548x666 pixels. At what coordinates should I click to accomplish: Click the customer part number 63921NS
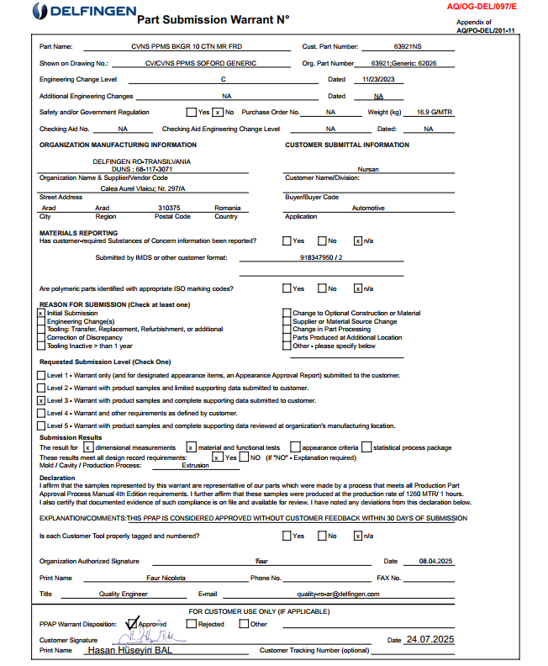(x=408, y=46)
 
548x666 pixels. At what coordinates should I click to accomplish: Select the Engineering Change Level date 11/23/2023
(x=378, y=80)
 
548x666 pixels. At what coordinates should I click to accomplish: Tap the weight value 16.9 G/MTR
(x=435, y=112)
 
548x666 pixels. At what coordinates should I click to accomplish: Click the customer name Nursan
(x=368, y=169)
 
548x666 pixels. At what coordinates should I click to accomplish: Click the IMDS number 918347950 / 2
(x=320, y=258)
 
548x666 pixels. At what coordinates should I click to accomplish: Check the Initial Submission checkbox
(x=41, y=313)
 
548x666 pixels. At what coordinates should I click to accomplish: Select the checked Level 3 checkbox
(x=41, y=401)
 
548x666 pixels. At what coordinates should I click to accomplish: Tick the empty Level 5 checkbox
(x=41, y=426)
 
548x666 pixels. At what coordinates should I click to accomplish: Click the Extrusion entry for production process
(x=195, y=465)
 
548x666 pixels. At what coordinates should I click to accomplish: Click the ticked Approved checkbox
(x=131, y=624)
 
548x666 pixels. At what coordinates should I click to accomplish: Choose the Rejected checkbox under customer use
(x=191, y=624)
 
